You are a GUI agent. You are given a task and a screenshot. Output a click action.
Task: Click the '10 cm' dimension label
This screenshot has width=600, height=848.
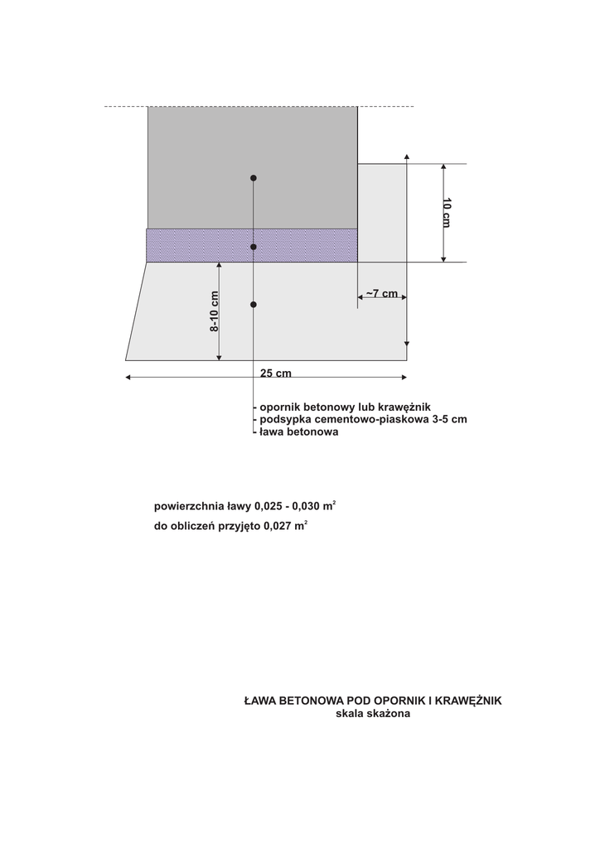[446, 213]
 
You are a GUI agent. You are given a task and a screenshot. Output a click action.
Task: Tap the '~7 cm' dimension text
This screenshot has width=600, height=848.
[382, 294]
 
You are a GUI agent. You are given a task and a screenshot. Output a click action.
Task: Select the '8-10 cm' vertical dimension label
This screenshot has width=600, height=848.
[214, 311]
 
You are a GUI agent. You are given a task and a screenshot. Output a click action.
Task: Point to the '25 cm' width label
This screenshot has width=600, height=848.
[276, 373]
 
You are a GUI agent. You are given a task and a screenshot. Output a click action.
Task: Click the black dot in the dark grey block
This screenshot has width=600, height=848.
[254, 178]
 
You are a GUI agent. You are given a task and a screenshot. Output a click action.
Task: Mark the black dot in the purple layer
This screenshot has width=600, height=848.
[254, 247]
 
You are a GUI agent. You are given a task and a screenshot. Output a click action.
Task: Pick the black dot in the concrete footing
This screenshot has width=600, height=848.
[254, 305]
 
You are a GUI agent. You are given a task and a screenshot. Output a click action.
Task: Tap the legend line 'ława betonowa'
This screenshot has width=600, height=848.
[298, 431]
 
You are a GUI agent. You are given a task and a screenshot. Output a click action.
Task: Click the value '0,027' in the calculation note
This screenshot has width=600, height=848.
[278, 525]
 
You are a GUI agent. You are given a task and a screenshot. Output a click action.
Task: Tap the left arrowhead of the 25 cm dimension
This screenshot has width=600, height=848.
[128, 378]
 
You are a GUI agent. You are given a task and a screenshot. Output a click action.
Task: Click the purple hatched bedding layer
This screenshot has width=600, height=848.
[199, 245]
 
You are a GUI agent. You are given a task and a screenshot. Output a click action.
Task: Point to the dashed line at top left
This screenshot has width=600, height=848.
[125, 107]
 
